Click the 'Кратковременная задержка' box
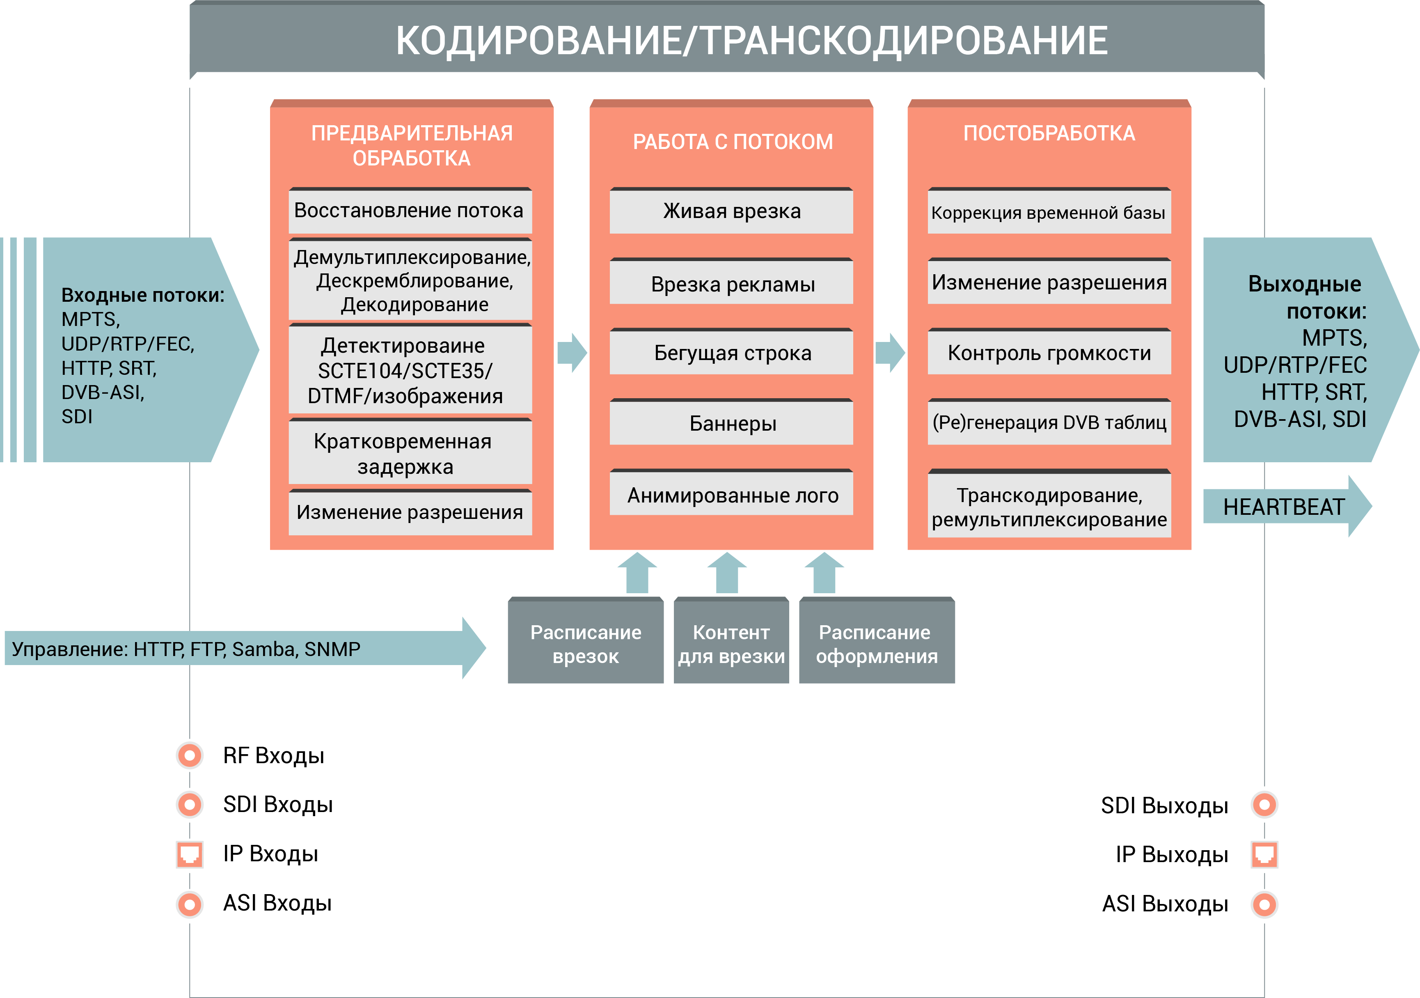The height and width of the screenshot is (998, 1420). tap(410, 451)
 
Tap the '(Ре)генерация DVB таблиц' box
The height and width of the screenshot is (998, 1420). tap(1049, 422)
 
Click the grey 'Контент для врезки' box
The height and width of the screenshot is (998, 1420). tap(731, 640)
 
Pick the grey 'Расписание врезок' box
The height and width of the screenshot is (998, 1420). tap(586, 640)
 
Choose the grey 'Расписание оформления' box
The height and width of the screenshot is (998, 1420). tap(877, 640)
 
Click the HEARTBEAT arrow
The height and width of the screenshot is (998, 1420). tap(1286, 506)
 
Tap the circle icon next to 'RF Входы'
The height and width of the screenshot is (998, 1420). tap(190, 755)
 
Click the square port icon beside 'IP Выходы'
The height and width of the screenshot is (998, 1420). tap(1264, 854)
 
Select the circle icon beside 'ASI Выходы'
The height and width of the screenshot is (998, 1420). tap(1264, 904)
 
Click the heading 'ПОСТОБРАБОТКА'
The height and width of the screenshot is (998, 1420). tap(1049, 133)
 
